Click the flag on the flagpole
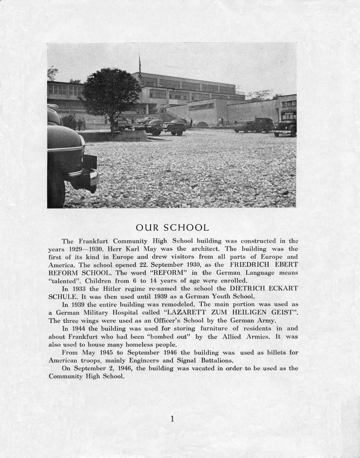tap(140, 64)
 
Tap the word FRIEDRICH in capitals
tap(248, 264)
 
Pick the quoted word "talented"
tap(65, 280)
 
